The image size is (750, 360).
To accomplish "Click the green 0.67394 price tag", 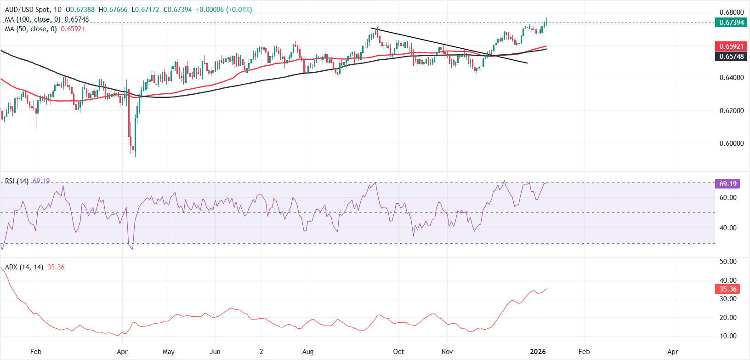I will point(731,22).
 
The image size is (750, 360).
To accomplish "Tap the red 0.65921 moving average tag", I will point(731,46).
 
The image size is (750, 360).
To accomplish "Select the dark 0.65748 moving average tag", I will point(731,56).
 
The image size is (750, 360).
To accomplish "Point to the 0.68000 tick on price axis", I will point(731,12).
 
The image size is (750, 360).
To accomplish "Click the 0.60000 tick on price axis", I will point(731,143).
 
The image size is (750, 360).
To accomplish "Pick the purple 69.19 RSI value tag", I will point(727,183).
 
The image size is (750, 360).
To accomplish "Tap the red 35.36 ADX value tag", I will point(727,289).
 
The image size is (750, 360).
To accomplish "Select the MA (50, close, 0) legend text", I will point(31,29).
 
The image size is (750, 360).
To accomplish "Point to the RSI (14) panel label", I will point(17,181).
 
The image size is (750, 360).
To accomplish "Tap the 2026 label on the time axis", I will point(538,352).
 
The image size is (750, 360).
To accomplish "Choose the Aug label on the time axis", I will point(308,352).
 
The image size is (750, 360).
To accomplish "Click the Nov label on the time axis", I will point(447,352).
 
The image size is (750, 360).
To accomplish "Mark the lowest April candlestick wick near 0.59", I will point(135,155).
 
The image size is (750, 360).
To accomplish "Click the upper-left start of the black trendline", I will point(371,29).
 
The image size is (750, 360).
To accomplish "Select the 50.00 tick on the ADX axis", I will point(728,262).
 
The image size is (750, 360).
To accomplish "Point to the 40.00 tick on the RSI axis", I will point(728,228).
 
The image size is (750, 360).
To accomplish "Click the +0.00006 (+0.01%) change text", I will point(224,10).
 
